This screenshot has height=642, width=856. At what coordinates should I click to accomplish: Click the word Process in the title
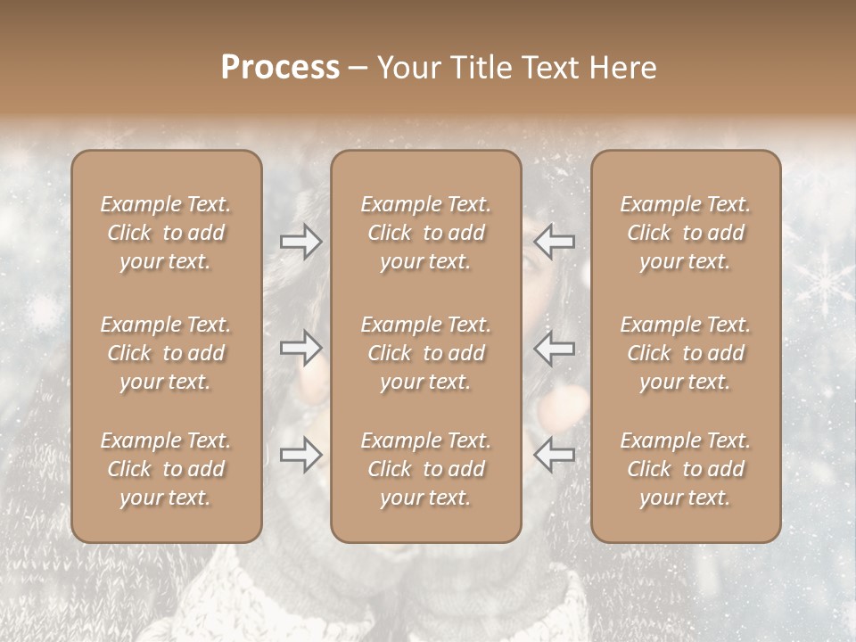[280, 68]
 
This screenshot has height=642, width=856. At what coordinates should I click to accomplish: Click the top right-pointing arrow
[301, 242]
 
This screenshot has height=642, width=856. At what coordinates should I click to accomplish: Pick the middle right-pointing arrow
[301, 348]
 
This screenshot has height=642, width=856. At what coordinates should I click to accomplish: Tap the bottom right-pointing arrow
[301, 455]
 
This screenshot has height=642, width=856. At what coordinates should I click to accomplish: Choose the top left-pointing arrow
[555, 242]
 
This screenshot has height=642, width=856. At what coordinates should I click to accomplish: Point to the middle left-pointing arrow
[555, 348]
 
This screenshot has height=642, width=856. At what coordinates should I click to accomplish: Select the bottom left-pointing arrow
[555, 455]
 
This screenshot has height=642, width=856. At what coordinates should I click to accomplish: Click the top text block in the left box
[166, 233]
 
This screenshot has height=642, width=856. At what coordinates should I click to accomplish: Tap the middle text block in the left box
[166, 353]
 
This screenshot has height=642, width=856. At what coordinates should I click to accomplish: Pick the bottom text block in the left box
[166, 469]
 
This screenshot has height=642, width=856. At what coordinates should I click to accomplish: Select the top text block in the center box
[425, 233]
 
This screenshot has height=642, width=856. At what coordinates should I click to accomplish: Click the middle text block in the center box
[425, 353]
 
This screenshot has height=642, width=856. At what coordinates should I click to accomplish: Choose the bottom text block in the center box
[425, 469]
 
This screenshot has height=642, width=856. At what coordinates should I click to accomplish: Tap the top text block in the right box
[685, 233]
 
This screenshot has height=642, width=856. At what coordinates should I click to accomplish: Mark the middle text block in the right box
[685, 353]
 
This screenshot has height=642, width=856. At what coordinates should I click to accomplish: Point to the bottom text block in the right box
[685, 469]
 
